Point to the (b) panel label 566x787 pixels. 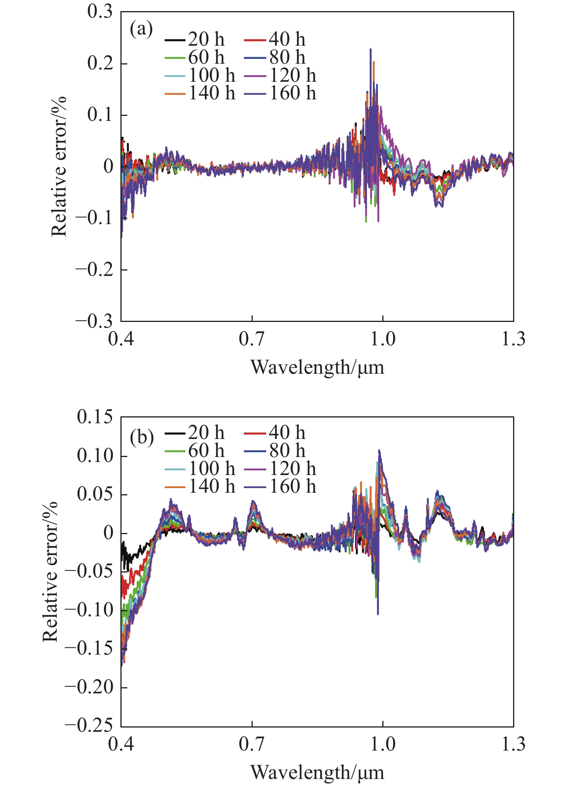[141, 437]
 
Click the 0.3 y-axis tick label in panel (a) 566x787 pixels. [100, 12]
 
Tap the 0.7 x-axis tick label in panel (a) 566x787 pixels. [252, 339]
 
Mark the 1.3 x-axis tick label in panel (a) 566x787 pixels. [513, 339]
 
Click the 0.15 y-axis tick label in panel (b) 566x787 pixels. [95, 417]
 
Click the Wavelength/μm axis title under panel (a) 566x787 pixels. [317, 368]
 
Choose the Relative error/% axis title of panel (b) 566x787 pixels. [50, 571]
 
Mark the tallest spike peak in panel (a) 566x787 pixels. [370, 49]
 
